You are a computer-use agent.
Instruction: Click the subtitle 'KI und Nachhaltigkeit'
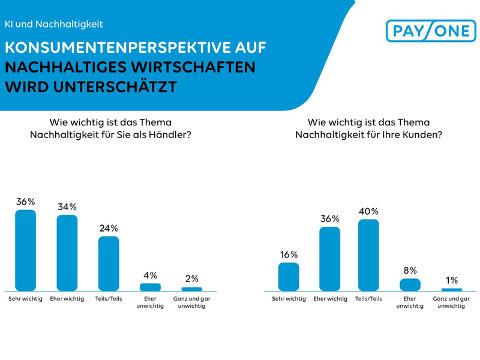(54, 24)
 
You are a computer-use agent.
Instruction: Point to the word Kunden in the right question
(425, 135)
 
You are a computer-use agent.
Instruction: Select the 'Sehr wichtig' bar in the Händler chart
(25, 250)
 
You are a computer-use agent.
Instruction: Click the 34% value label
(67, 207)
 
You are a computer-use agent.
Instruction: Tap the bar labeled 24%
(109, 263)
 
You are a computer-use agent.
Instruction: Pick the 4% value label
(150, 275)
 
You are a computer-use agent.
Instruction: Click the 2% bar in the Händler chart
(191, 289)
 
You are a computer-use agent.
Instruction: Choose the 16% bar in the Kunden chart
(289, 277)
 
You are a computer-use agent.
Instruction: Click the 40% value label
(368, 211)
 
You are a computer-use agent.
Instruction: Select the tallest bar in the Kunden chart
(368, 255)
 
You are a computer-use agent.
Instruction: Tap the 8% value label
(410, 271)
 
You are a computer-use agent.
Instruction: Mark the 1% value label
(451, 280)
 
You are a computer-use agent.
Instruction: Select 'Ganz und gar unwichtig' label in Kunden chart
(451, 302)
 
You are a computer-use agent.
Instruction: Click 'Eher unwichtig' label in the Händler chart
(150, 302)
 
